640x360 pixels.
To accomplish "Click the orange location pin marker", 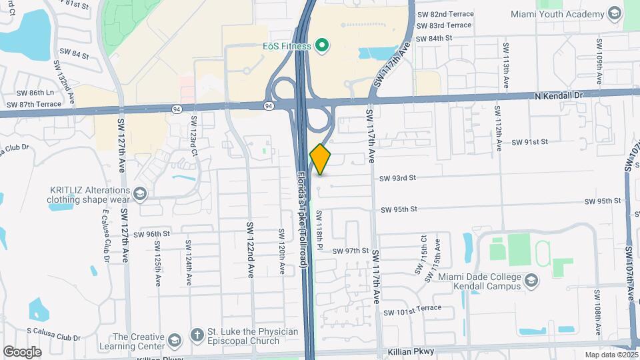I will point(320,159).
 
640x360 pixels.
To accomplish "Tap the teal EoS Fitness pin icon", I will point(322,46).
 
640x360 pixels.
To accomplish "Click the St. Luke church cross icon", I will point(196,333).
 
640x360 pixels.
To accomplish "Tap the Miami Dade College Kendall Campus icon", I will point(530,281).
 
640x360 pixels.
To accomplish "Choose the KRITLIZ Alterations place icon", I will point(139,193).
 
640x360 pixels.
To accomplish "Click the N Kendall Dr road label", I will point(559,96).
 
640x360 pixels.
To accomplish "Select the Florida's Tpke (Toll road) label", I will point(301,221).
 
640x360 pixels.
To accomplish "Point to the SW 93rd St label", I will point(397,178).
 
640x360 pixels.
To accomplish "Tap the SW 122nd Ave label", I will point(251,250).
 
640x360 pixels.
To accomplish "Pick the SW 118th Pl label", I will point(320,231).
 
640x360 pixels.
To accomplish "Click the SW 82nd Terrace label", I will point(445,14).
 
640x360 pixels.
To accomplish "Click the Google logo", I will point(22,351).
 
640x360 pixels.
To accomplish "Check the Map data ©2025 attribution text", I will point(611,355).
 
